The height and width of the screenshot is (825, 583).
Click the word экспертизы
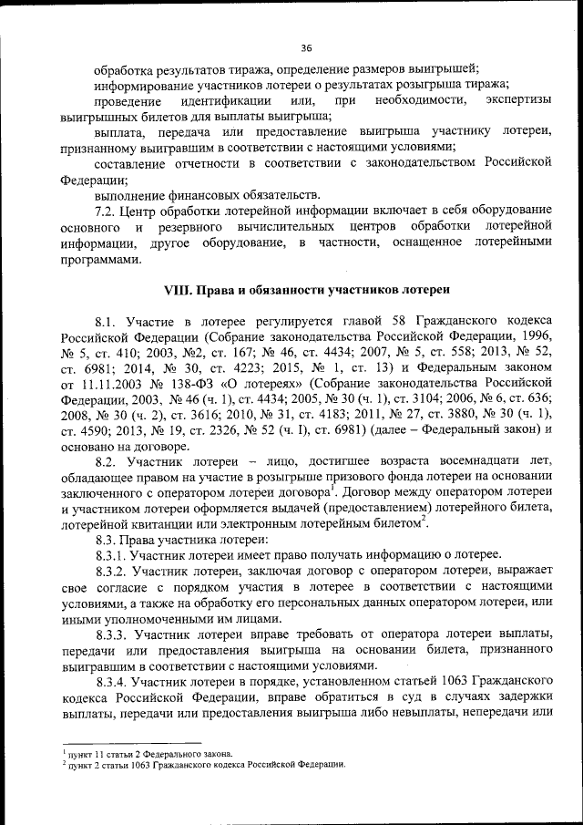[518, 100]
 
